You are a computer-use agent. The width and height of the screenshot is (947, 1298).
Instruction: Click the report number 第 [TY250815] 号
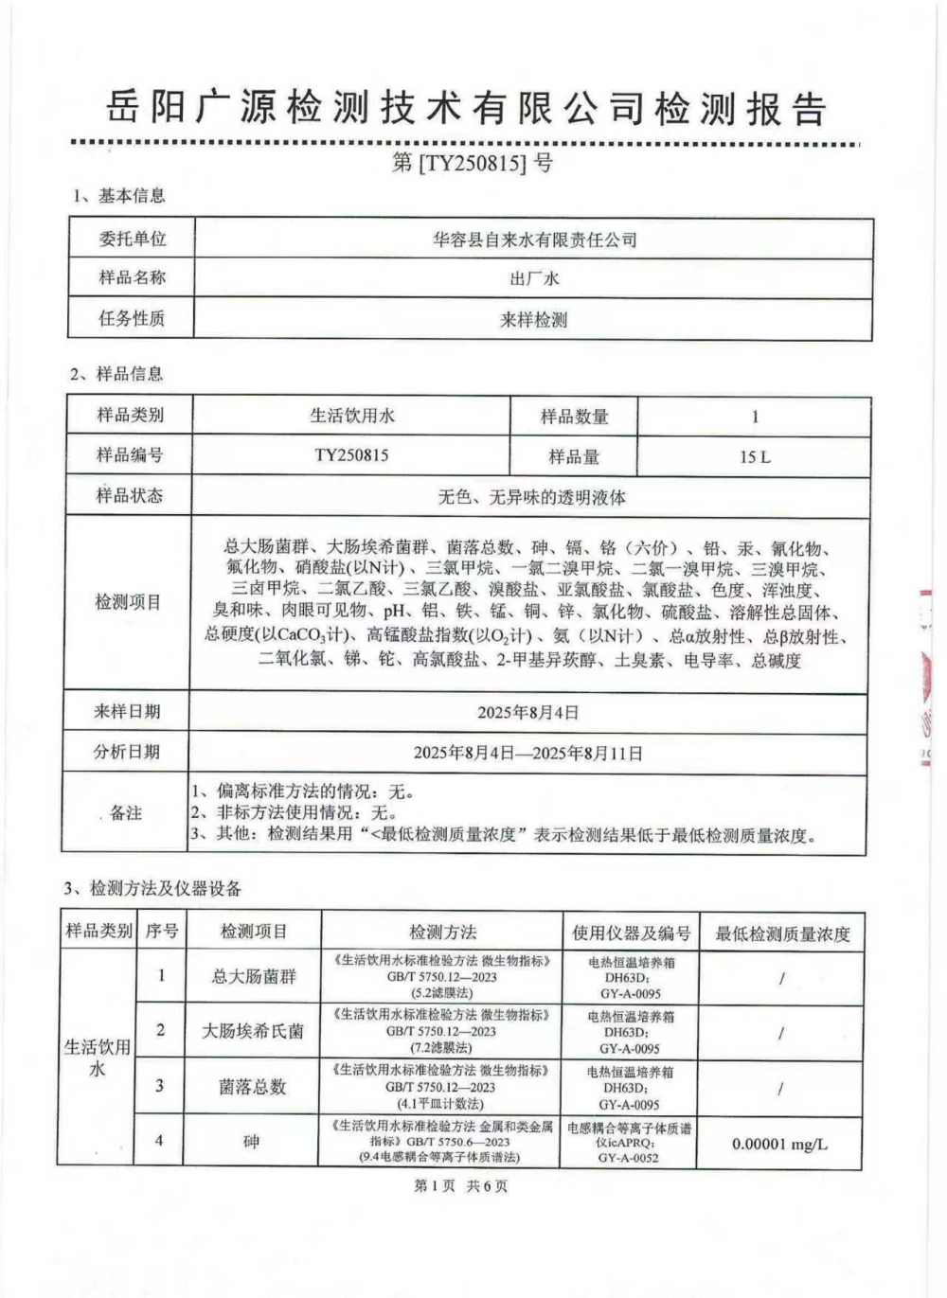coord(472,163)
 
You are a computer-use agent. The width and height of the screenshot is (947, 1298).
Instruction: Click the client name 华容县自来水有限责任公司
coord(534,240)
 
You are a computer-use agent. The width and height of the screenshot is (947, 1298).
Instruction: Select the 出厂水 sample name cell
coord(534,278)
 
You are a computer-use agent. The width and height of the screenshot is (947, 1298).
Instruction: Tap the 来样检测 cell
coord(534,320)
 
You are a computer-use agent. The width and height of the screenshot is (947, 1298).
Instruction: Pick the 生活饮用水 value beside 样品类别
coord(352,416)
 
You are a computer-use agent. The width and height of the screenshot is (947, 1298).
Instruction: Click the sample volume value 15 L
coord(755,456)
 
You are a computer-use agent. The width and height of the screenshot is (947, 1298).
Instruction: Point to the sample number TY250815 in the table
coord(351,455)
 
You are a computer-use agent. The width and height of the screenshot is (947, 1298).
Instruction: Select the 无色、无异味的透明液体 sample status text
coord(531,496)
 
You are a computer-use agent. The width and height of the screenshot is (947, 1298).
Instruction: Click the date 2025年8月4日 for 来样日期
coord(528,712)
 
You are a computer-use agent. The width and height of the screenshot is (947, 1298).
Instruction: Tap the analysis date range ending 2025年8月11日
coord(528,753)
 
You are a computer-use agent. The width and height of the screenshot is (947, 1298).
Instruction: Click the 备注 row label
coord(126,813)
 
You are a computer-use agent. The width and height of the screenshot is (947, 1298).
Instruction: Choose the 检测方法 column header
coord(442,933)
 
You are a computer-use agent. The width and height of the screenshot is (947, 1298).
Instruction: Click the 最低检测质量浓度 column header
coord(782,933)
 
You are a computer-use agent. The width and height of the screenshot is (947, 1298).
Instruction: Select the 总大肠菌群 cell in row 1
coord(253,976)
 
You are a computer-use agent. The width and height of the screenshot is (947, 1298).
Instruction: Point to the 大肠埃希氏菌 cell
coord(253,1031)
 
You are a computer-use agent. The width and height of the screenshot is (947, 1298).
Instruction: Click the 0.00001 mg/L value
coord(779,1144)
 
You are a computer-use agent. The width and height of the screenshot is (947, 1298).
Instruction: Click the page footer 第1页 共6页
coord(461,1185)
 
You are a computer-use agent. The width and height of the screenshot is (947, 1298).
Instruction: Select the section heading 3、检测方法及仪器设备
coord(153,889)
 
